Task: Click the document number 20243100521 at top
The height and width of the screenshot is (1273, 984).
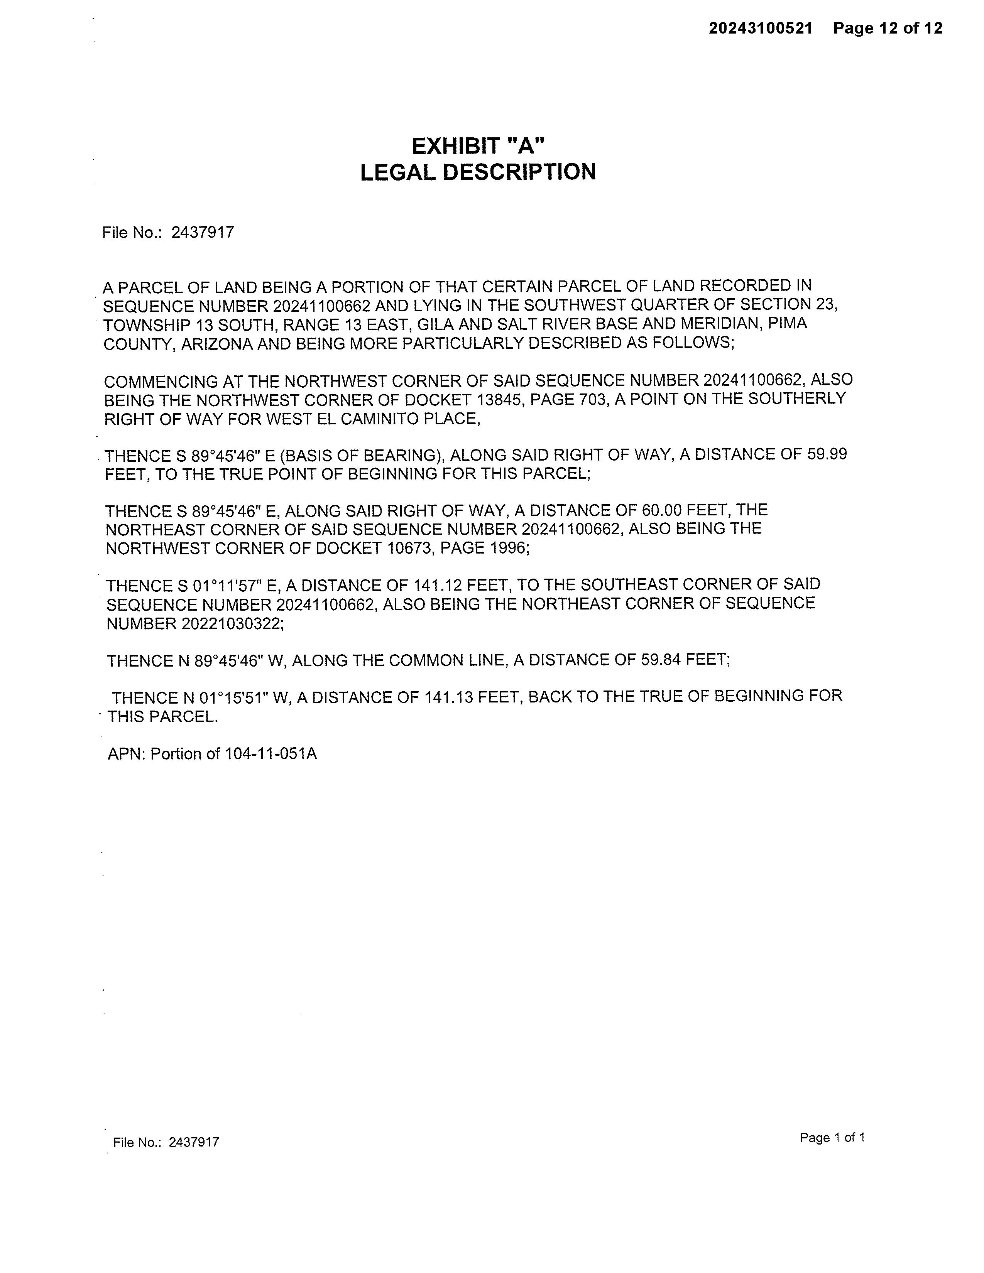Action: coord(760,28)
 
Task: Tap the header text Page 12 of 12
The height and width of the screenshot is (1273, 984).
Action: coord(887,28)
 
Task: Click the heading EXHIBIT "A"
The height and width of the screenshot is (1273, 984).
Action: coord(478,146)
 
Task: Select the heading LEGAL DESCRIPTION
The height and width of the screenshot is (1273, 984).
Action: coord(478,172)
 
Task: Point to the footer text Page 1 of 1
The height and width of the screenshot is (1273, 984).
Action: coord(832,1137)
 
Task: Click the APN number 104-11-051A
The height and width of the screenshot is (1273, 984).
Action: coord(271,754)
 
